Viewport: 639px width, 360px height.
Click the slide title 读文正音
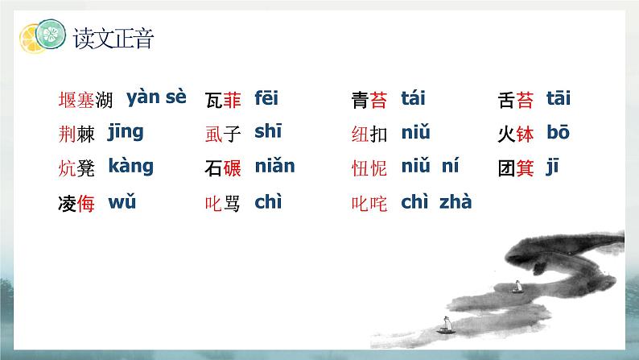113,38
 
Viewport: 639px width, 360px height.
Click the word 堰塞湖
86,101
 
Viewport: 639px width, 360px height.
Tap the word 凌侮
77,204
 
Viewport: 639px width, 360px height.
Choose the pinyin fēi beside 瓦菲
266,99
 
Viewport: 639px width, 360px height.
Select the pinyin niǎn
274,167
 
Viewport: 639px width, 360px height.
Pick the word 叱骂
223,204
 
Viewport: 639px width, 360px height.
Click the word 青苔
369,101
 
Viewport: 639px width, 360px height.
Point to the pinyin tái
413,99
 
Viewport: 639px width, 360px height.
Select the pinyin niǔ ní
430,167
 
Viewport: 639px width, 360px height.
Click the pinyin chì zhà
435,202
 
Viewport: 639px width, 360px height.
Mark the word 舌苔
516,101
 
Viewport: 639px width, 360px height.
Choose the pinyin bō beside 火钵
559,133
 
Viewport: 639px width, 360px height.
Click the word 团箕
516,169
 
